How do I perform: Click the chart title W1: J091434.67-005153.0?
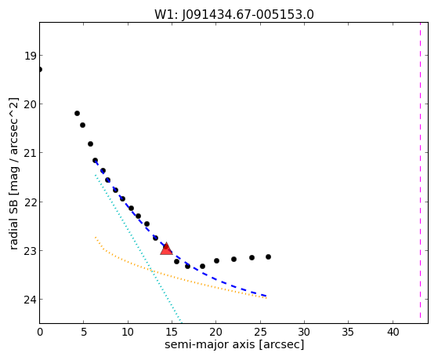click(234, 14)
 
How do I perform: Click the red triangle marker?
click(166, 249)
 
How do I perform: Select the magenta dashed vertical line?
click(420, 170)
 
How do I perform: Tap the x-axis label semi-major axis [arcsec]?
click(234, 344)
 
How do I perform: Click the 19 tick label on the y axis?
click(31, 56)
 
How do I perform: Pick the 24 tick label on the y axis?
click(30, 300)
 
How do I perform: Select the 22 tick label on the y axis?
click(30, 202)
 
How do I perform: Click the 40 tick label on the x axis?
click(393, 333)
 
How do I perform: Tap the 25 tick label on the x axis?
click(260, 333)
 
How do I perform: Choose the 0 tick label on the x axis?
click(40, 333)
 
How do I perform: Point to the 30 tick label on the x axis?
click(304, 333)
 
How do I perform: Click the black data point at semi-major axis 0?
click(40, 69)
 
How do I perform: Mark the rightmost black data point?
click(268, 256)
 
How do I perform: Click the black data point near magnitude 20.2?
click(77, 113)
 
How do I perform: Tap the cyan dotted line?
click(138, 249)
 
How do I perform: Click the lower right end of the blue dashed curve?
click(266, 296)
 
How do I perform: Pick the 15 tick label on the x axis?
click(172, 333)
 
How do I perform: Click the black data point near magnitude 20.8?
click(90, 144)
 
